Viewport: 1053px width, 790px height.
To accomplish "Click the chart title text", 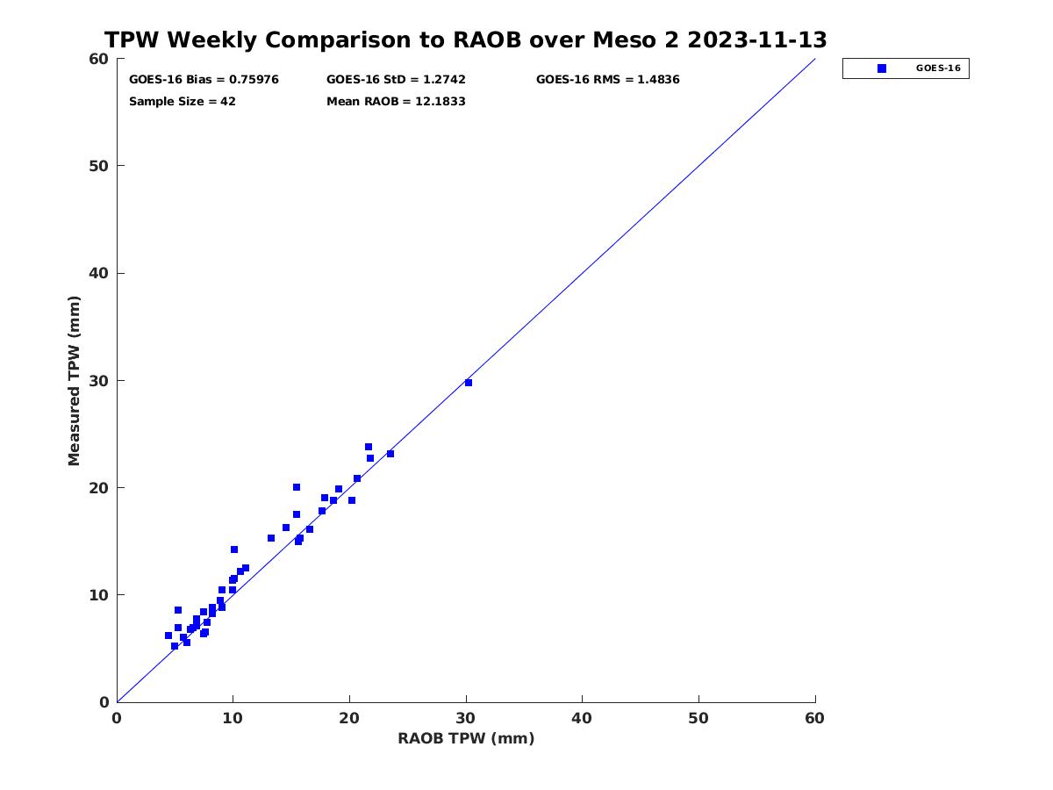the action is (x=465, y=39).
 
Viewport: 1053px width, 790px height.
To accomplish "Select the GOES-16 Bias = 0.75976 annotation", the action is (x=204, y=80).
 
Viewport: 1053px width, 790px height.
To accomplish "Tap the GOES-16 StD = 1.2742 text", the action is (x=396, y=80).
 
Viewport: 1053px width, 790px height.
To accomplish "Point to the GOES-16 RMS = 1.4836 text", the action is (x=607, y=80).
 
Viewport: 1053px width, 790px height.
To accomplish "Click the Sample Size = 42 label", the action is (x=183, y=102).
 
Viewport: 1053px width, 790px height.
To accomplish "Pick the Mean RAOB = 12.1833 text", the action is (x=396, y=102).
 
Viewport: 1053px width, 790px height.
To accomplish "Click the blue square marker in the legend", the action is (x=881, y=68).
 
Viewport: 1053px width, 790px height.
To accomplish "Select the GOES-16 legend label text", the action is (x=938, y=68).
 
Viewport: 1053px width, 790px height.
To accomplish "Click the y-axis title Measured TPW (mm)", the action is (x=74, y=381).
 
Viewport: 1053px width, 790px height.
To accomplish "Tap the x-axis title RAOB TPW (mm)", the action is (x=466, y=738).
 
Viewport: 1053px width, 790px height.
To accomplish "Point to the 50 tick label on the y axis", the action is (x=100, y=166).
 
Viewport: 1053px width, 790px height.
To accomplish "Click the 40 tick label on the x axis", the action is (x=582, y=718).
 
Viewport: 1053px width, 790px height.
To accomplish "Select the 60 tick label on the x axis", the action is (x=814, y=718).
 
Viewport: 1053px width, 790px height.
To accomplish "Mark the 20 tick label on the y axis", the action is (x=100, y=488).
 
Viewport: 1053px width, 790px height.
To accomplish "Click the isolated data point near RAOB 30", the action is (x=469, y=383).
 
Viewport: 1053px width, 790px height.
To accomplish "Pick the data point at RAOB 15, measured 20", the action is (x=297, y=487).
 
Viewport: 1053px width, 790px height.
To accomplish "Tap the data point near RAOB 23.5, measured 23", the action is (x=390, y=454).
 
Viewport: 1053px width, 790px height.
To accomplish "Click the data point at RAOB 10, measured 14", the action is (x=234, y=549).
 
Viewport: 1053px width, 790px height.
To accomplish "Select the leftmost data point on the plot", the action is (x=168, y=636).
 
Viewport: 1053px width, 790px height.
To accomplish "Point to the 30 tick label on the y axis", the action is (x=100, y=381).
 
